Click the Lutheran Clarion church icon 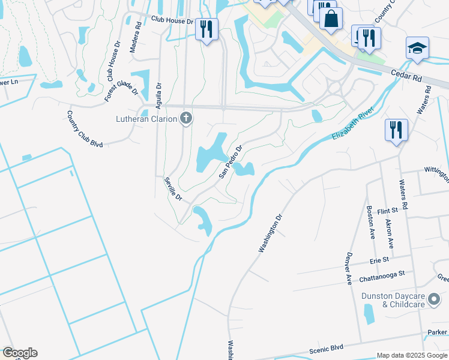coord(186,119)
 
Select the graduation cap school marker coord(417,48)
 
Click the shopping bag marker coord(331,19)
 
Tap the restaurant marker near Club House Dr coord(206,29)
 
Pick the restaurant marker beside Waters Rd coord(396,130)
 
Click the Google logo coord(20,353)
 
